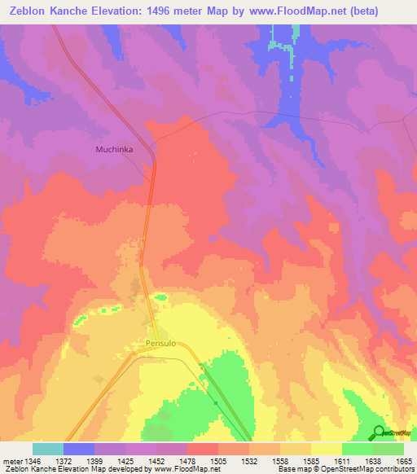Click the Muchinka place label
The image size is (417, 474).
point(114,149)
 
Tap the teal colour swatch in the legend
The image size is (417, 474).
point(48,449)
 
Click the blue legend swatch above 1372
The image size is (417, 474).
point(79,449)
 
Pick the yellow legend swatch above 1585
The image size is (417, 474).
point(326,449)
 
